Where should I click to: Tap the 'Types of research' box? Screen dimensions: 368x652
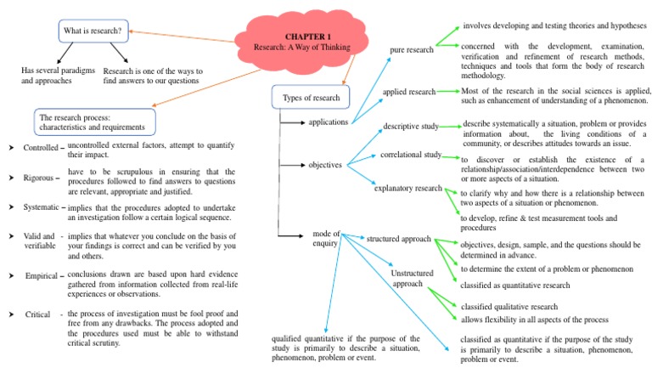310,98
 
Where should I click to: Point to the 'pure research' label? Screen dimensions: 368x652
411,50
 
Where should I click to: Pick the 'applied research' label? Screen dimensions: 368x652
408,91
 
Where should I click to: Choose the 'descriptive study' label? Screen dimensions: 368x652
410,126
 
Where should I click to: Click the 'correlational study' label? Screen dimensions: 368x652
411,155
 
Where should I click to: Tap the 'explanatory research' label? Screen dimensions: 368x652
408,188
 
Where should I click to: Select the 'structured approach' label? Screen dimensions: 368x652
399,240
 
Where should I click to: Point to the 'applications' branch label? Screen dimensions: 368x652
328,122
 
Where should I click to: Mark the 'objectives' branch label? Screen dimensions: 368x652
325,165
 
